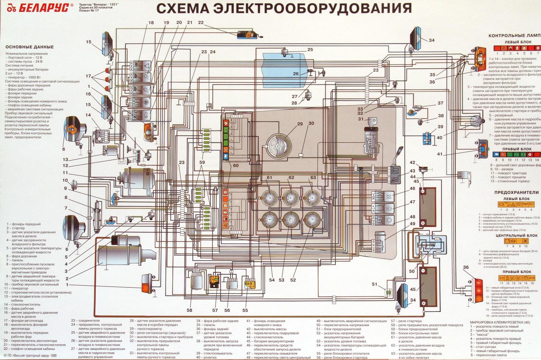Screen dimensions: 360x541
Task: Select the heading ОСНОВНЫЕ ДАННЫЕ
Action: coord(30,47)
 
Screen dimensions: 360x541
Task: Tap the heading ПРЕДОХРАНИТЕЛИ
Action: coord(517,192)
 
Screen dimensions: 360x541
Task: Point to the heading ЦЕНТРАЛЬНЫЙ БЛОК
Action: coord(516,235)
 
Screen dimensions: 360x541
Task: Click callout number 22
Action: coord(201,22)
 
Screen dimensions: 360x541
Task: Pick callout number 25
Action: coord(310,49)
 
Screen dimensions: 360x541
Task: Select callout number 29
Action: coord(300,124)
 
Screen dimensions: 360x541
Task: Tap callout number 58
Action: coord(189,310)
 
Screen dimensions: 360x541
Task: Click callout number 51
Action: coord(375,284)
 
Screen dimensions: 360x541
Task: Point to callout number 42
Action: coord(412,163)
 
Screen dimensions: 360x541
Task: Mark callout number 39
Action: coord(440,127)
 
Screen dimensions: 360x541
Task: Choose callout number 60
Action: coord(236,165)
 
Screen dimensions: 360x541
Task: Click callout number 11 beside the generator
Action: coord(65,172)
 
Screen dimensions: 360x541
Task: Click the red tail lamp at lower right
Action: coord(477,291)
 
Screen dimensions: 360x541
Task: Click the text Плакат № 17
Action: coord(89,11)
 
